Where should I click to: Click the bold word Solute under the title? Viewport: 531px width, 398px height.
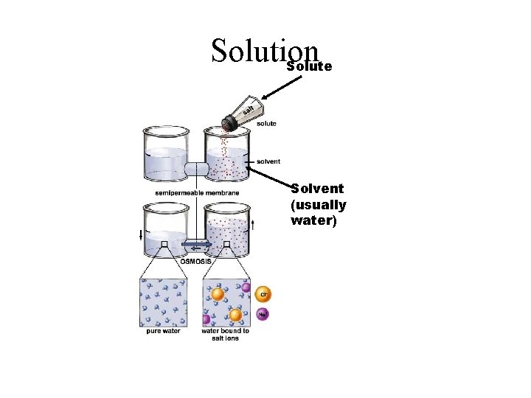point(310,66)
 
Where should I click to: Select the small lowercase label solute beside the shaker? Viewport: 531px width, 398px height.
point(266,124)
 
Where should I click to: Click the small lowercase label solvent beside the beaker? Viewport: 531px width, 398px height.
point(268,161)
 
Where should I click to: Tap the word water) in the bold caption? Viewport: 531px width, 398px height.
point(314,220)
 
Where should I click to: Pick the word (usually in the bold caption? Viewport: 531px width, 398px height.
point(319,204)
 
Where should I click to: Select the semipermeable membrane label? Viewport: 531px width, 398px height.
point(197,193)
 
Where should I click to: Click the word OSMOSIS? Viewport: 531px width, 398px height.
point(197,261)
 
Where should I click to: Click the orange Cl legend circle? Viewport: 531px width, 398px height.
point(263,294)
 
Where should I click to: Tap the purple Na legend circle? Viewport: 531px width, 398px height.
point(263,315)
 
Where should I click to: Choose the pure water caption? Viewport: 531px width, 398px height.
point(164,331)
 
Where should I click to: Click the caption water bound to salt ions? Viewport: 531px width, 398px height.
point(225,335)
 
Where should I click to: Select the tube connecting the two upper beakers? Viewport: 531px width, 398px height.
point(197,169)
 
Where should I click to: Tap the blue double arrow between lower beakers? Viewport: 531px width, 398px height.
point(197,244)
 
